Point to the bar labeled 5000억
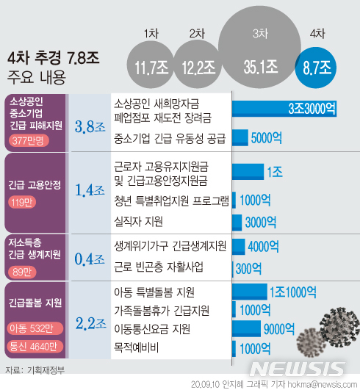pyautogui.click(x=240, y=137)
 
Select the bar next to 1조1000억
pyautogui.click(x=251, y=291)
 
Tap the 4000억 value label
pyautogui.click(x=262, y=245)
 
